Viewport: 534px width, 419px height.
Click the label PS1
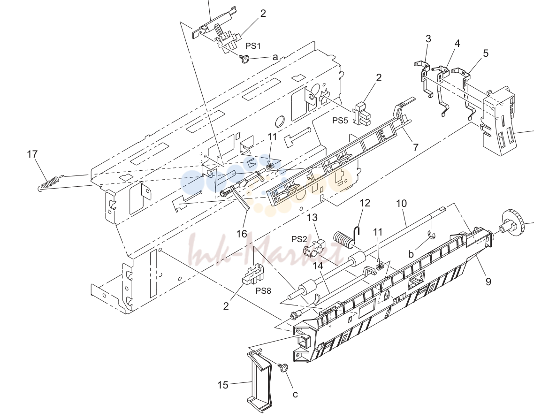click(253, 46)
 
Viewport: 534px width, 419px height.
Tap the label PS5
click(340, 120)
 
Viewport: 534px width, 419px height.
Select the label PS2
click(299, 239)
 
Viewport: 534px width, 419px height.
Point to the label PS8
click(263, 291)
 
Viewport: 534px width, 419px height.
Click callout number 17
click(32, 154)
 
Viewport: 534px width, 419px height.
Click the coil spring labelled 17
click(50, 183)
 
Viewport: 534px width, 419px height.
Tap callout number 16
click(242, 234)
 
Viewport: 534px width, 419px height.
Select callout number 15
click(223, 385)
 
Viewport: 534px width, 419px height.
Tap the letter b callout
click(411, 254)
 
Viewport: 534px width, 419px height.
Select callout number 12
click(365, 203)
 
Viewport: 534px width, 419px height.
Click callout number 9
click(488, 282)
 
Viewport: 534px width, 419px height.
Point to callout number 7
click(415, 147)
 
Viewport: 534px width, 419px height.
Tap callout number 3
click(428, 39)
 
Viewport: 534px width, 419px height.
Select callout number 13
click(313, 217)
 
